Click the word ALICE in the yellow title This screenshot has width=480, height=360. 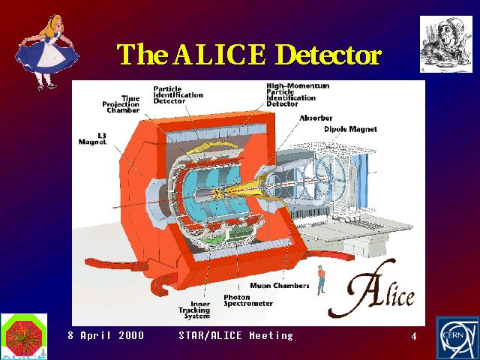pyautogui.click(x=219, y=55)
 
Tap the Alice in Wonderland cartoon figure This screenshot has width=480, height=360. pyautogui.click(x=46, y=52)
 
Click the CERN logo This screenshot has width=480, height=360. pyautogui.click(x=457, y=338)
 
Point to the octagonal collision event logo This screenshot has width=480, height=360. pyautogui.click(x=24, y=337)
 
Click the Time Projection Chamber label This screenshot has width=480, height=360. pyautogui.click(x=121, y=104)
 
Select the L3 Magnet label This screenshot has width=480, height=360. pyautogui.click(x=92, y=138)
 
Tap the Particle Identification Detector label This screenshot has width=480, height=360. pyautogui.click(x=178, y=95)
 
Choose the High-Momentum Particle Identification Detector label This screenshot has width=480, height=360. pyautogui.click(x=298, y=95)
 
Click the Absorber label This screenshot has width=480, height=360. pyautogui.click(x=316, y=118)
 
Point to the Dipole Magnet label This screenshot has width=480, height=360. pyautogui.click(x=350, y=129)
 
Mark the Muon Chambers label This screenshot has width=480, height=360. pyautogui.click(x=280, y=286)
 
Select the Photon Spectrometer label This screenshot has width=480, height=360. pyautogui.click(x=248, y=300)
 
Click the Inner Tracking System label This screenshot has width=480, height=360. pyautogui.click(x=195, y=310)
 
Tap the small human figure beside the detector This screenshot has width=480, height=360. pyautogui.click(x=321, y=280)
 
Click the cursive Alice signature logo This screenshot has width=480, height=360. pyautogui.click(x=371, y=289)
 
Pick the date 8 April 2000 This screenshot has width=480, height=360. pyautogui.click(x=106, y=335)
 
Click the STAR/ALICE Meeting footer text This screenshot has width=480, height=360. pyautogui.click(x=235, y=335)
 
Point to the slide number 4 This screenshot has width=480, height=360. pyautogui.click(x=414, y=337)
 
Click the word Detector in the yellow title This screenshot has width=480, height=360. pyautogui.click(x=328, y=55)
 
